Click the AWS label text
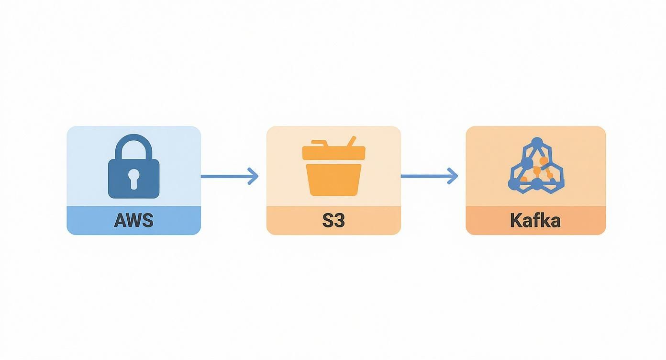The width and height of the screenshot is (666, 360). pyautogui.click(x=133, y=221)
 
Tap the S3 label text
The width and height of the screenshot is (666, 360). pyautogui.click(x=333, y=221)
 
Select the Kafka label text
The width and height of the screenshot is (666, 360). pyautogui.click(x=535, y=221)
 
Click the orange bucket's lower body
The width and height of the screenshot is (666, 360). pyautogui.click(x=333, y=180)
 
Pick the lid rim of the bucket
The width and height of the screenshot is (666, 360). pyautogui.click(x=333, y=153)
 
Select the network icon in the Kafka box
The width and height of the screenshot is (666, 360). pyautogui.click(x=536, y=166)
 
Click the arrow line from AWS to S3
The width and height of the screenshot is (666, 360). pyautogui.click(x=225, y=176)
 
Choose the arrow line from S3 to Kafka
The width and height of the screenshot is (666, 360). pyautogui.click(x=423, y=176)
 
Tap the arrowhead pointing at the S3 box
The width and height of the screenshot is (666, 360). pyautogui.click(x=254, y=176)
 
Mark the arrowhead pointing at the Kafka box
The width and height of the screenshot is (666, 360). pyautogui.click(x=453, y=176)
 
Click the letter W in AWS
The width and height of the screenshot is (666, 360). pyautogui.click(x=134, y=221)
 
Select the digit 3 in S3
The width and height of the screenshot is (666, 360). pyautogui.click(x=339, y=221)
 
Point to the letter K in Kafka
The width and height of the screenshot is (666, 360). pyautogui.click(x=516, y=221)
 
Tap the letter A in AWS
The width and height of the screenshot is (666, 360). pyautogui.click(x=120, y=221)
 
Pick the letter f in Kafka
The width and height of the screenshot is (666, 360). pyautogui.click(x=534, y=220)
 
